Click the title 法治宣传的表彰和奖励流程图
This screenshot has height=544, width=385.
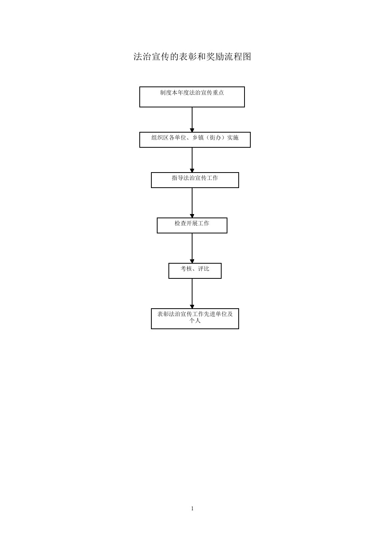192,57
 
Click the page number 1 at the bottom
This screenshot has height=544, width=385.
192,508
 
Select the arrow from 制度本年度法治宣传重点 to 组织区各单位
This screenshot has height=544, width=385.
192,120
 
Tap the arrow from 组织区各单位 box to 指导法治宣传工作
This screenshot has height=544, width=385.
192,160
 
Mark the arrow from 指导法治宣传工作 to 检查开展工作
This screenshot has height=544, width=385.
192,203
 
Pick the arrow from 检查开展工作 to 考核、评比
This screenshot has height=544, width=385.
192,248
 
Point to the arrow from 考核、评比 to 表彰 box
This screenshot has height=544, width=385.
192,294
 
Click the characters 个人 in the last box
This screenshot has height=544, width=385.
195,321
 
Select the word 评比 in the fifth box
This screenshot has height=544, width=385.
204,269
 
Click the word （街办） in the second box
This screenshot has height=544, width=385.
215,138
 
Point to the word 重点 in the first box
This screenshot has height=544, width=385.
218,93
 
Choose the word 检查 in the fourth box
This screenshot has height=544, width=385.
180,223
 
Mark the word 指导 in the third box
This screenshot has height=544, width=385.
178,178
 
